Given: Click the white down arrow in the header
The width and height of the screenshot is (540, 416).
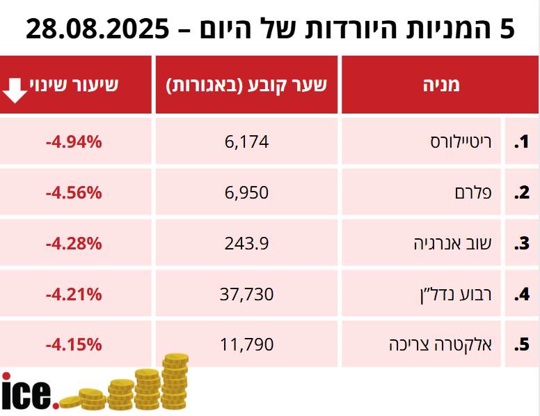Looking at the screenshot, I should coord(15,89).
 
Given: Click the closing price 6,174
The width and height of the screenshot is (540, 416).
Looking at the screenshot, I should coord(246,143).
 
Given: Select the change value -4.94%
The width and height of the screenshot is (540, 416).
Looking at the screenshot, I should coord(74,143).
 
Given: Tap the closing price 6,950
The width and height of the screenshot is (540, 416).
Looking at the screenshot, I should coord(246,193).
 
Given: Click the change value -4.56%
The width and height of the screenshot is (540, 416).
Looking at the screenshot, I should coord(74,193).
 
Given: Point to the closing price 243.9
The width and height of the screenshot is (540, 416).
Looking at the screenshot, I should coord(246,244).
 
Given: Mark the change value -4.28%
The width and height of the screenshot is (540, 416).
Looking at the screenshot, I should coord(74,244).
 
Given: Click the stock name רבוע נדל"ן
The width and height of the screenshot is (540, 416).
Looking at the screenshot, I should coord(461,294).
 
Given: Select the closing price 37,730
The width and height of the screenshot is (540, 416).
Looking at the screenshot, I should coord(246,294).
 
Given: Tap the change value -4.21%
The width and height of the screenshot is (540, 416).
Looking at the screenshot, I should coord(74,294).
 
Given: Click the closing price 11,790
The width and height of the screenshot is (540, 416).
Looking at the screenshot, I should coord(246,344).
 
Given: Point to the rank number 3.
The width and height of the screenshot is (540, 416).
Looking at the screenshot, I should coord(522,244).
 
